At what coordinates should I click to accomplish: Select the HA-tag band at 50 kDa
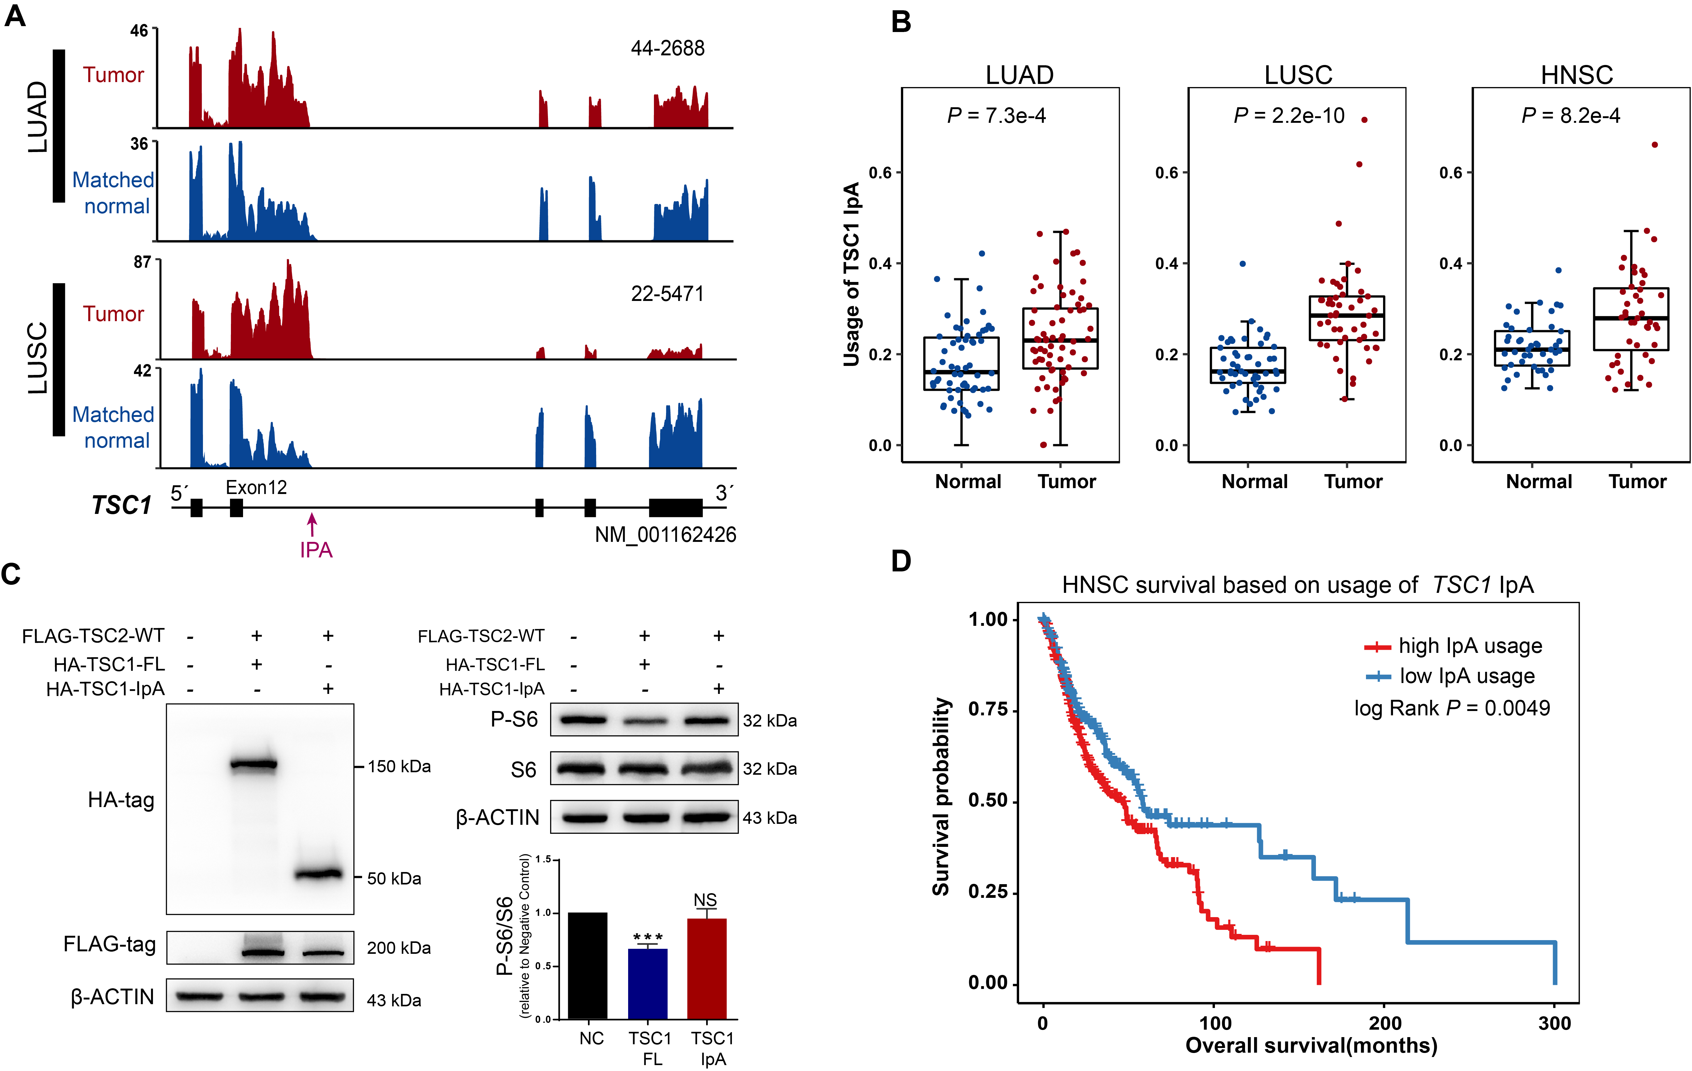[x=318, y=874]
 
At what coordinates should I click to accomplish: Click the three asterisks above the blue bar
[x=648, y=937]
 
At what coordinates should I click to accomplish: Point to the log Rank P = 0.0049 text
[x=1452, y=708]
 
